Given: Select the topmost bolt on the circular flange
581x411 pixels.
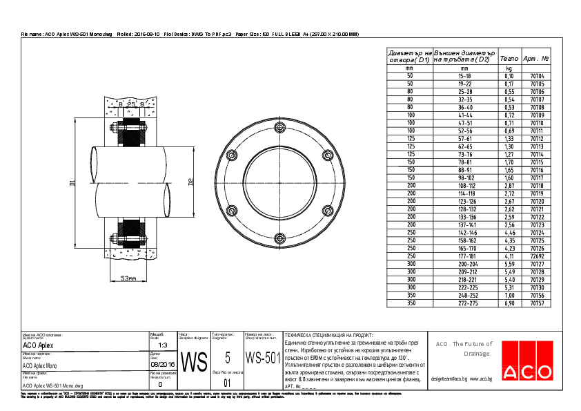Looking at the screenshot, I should click(279, 128).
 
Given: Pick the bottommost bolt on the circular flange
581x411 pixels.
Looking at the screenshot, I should click(279, 238).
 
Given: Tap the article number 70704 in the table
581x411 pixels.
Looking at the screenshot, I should click(536, 76).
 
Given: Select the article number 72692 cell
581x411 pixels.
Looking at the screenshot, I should click(536, 256).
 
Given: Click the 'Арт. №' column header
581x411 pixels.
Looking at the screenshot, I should click(536, 59).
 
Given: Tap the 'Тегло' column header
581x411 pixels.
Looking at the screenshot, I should click(509, 59).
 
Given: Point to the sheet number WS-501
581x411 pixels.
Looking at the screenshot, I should click(262, 358).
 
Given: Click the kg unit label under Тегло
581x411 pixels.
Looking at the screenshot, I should click(509, 68).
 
